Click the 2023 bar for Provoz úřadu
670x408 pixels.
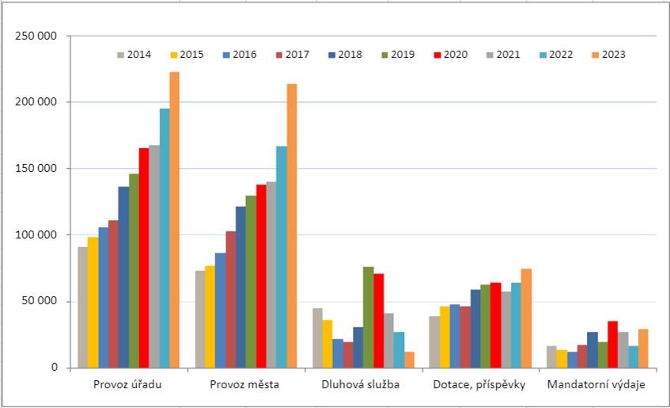pyautogui.click(x=174, y=219)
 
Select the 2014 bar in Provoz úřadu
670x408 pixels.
pyautogui.click(x=82, y=307)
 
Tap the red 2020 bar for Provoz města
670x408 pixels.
pyautogui.click(x=261, y=276)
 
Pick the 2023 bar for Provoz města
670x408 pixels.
pyautogui.click(x=292, y=226)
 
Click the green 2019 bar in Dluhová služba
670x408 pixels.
pyautogui.click(x=369, y=317)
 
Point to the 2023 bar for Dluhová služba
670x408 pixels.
pyautogui.click(x=409, y=360)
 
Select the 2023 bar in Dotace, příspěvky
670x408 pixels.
pyautogui.click(x=527, y=318)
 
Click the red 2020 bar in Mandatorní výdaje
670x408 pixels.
pyautogui.click(x=613, y=344)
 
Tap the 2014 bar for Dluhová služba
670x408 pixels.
pyautogui.click(x=317, y=337)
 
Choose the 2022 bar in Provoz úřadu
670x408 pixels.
pyautogui.click(x=165, y=238)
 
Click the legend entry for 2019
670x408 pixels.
pyautogui.click(x=398, y=55)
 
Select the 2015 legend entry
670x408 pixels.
pyautogui.click(x=187, y=55)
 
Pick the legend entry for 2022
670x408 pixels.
pyautogui.click(x=556, y=55)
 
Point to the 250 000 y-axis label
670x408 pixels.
pyautogui.click(x=36, y=36)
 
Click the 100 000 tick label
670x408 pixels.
pyautogui.click(x=36, y=235)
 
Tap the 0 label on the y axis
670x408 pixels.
pyautogui.click(x=55, y=368)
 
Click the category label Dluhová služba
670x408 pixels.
pyautogui.click(x=361, y=384)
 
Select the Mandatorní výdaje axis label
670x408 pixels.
pyautogui.click(x=596, y=384)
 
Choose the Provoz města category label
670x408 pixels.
pyautogui.click(x=244, y=384)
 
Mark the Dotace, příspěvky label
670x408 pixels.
pyautogui.click(x=479, y=384)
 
